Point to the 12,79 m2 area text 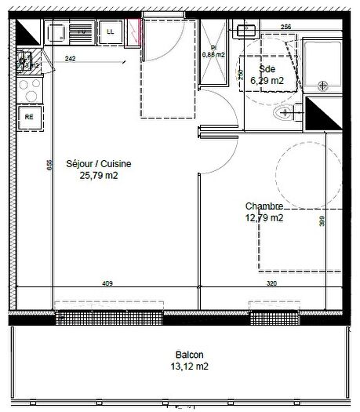click(x=264, y=218)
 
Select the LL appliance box click(x=110, y=32)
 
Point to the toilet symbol click(x=282, y=115)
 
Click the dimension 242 click(x=71, y=60)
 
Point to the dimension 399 click(x=322, y=222)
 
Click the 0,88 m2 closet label click(x=213, y=53)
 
